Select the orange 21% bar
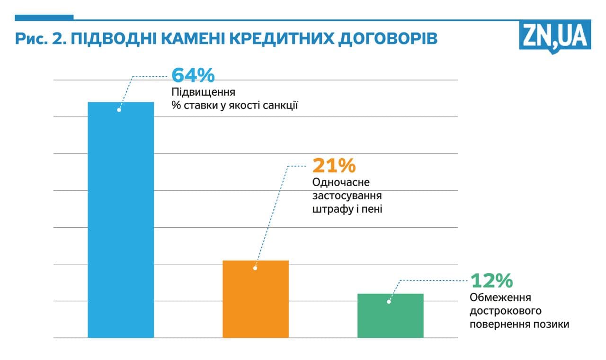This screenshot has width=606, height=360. (255, 299)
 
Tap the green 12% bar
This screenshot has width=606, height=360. (390, 315)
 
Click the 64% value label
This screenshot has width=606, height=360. (193, 75)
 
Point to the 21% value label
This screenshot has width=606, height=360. (334, 165)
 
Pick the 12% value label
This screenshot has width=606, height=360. (491, 280)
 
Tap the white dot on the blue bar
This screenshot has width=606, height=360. (119, 110)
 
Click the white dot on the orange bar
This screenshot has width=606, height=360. (255, 268)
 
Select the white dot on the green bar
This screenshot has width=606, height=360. (389, 301)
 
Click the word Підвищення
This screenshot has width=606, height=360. (204, 92)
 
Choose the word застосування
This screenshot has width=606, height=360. (347, 195)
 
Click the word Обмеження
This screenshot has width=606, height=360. (500, 298)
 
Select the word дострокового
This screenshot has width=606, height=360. (506, 311)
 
